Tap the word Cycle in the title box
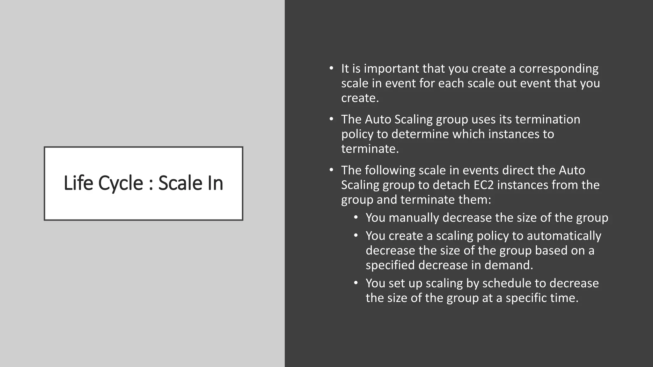(121, 183)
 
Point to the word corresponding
(559, 69)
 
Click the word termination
(547, 119)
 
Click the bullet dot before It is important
(331, 68)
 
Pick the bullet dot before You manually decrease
(356, 217)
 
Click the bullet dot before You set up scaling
(356, 283)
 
